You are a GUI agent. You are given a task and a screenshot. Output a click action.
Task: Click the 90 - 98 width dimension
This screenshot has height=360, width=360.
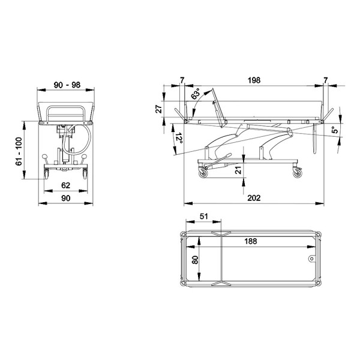[x=67, y=85]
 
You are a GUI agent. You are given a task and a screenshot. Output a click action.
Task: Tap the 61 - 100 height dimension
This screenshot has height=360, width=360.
[x=19, y=151]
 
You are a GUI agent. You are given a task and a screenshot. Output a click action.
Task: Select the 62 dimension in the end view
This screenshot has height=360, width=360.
[x=65, y=185]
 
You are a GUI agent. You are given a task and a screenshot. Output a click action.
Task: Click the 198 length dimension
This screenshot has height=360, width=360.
[x=254, y=80]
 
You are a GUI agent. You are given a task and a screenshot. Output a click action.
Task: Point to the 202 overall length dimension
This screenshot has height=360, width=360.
[x=254, y=198]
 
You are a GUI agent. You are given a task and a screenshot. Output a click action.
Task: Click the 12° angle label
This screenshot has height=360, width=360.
[x=179, y=138]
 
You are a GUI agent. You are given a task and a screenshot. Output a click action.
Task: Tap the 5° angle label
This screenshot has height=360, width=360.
[x=335, y=130]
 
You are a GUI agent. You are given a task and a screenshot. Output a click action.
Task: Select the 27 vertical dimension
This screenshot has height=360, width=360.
[x=159, y=109]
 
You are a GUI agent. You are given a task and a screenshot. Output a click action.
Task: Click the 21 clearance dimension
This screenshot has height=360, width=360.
[x=239, y=170]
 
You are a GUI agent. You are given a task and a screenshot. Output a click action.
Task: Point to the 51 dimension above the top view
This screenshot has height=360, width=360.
[x=203, y=216]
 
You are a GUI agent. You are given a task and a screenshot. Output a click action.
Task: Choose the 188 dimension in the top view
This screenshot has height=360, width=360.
[x=250, y=241]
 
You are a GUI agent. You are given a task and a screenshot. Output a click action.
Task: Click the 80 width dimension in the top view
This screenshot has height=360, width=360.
[x=196, y=260]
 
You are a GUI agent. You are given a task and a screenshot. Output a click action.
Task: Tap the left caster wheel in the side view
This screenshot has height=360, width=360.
[x=203, y=173]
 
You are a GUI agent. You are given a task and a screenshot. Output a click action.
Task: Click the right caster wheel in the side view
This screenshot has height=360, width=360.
[x=298, y=173]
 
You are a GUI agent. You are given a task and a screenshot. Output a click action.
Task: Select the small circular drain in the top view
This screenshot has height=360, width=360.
[x=311, y=259]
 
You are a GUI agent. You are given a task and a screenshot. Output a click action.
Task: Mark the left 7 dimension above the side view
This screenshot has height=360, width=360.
[x=182, y=80]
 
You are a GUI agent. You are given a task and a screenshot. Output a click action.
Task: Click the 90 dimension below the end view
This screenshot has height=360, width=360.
[x=65, y=198]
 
